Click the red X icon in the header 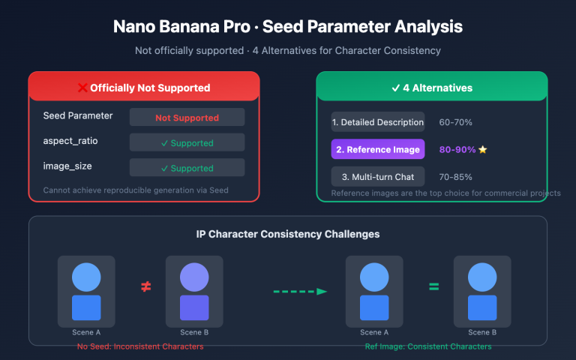tap(82, 88)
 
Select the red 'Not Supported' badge tap(187, 118)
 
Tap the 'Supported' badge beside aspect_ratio tap(187, 142)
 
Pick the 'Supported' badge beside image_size tap(187, 168)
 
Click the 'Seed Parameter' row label tap(78, 116)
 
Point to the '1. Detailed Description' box tap(378, 122)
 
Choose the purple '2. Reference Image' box tap(378, 149)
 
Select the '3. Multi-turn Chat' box tap(378, 176)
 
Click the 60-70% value tap(455, 122)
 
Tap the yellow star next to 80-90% tap(483, 150)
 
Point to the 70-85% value tap(455, 176)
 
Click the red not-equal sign tap(145, 286)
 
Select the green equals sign tap(433, 286)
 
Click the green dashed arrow tap(299, 291)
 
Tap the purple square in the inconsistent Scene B tap(194, 308)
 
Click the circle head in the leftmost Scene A tap(86, 277)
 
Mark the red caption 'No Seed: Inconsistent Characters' tap(140, 346)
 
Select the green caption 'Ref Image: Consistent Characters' tap(428, 346)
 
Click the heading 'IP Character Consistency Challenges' tap(288, 234)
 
